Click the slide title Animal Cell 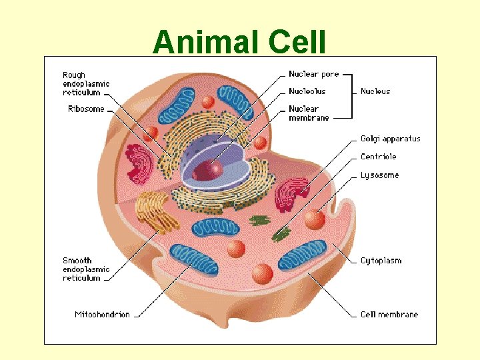click(x=239, y=43)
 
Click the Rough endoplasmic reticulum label click(x=86, y=84)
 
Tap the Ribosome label click(x=86, y=109)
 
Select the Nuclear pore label click(x=314, y=74)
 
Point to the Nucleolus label click(x=307, y=91)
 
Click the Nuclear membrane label click(x=309, y=113)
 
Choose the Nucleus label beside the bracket click(x=375, y=91)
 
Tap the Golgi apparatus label click(x=390, y=139)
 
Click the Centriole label click(x=378, y=157)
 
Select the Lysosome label click(x=379, y=175)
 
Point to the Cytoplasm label click(x=381, y=261)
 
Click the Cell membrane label click(x=389, y=314)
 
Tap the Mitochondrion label click(x=102, y=314)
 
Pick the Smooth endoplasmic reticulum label click(x=86, y=269)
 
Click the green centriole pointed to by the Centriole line click(x=281, y=233)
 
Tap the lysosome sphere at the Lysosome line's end click(x=314, y=219)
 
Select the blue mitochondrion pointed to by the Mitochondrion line click(x=193, y=261)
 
